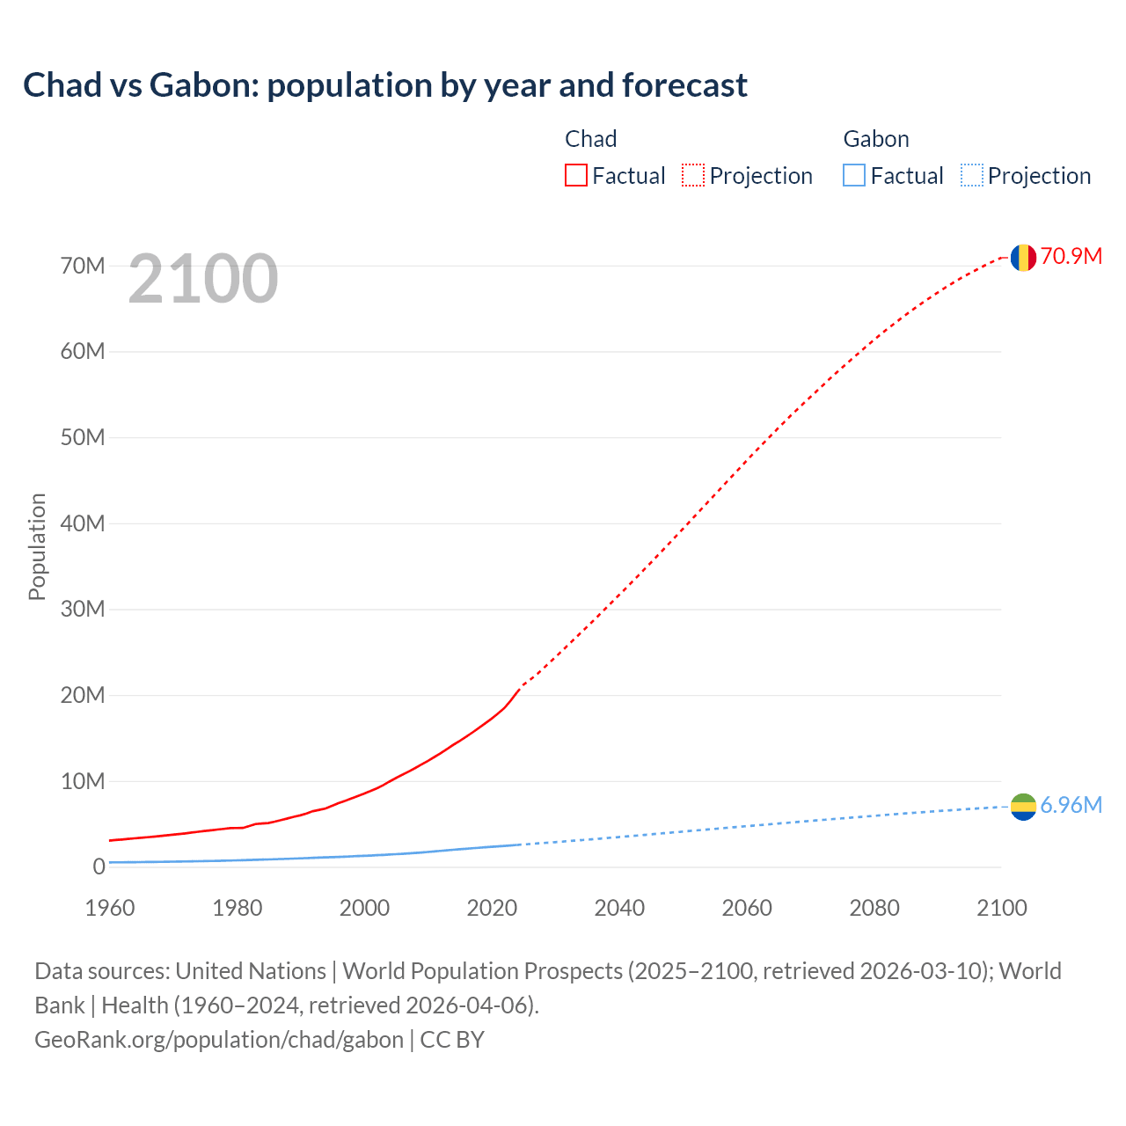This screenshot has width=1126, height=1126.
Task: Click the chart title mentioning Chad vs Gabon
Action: click(x=385, y=85)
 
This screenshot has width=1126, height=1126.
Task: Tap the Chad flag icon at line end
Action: click(x=1022, y=257)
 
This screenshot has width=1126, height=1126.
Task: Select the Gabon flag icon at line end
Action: click(x=1022, y=806)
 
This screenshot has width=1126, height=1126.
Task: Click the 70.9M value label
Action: click(x=1071, y=256)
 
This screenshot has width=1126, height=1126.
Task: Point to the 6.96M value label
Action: click(x=1071, y=805)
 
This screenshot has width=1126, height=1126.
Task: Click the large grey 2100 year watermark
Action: click(x=203, y=279)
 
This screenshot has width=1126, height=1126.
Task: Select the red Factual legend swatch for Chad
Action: click(x=575, y=175)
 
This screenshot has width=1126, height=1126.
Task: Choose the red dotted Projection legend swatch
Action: click(x=693, y=175)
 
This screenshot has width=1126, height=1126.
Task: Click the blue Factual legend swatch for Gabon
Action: click(x=854, y=175)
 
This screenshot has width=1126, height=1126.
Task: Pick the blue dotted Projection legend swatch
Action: click(x=972, y=175)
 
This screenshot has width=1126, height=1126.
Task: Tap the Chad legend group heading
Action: click(x=590, y=139)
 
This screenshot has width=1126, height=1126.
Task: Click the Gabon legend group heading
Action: click(x=875, y=139)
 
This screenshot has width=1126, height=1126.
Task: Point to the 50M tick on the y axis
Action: click(x=83, y=437)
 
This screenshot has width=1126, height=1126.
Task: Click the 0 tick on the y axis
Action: click(x=99, y=866)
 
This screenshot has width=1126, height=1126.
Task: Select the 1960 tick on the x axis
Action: click(x=110, y=908)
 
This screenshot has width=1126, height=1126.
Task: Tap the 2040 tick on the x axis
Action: click(x=619, y=908)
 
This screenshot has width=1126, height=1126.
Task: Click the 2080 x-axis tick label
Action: click(x=874, y=908)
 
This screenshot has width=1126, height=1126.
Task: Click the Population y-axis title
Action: click(x=37, y=546)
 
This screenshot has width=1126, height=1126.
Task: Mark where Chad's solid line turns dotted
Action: click(x=521, y=686)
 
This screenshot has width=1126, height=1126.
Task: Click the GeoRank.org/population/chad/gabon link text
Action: click(x=219, y=1039)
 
